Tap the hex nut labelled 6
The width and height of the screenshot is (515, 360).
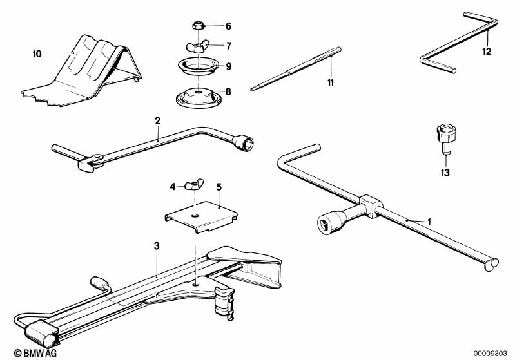[x=199, y=26]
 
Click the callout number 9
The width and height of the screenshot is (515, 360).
[x=228, y=65]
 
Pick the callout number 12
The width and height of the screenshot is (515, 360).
[x=487, y=50]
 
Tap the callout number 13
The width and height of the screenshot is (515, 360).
[x=445, y=173]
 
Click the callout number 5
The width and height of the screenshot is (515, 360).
[x=219, y=187]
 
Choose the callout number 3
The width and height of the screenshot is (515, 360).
[x=157, y=245]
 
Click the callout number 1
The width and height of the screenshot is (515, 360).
[x=429, y=221]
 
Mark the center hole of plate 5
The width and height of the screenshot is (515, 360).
[x=196, y=207]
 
